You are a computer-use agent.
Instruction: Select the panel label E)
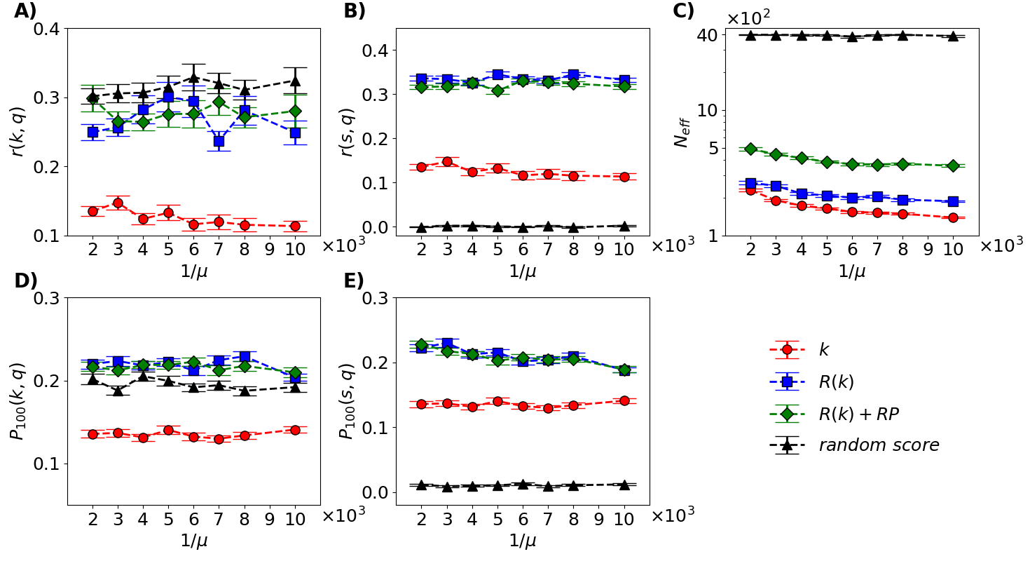coord(354,280)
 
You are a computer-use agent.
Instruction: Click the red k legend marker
coord(787,349)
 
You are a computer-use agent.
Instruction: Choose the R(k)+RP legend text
coord(858,414)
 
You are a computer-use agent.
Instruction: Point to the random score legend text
coord(879,445)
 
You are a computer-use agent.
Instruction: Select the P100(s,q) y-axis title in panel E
coord(347,401)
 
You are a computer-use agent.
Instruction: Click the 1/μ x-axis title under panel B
coord(523,271)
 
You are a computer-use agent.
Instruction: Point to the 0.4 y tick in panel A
coord(48,29)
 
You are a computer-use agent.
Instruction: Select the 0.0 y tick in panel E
coord(376,492)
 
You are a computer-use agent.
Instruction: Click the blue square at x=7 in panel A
coord(219,141)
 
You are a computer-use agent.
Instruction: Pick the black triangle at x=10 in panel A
coord(295,81)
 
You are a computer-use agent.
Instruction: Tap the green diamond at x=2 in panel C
coord(750,149)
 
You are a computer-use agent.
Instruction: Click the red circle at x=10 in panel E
coord(624,400)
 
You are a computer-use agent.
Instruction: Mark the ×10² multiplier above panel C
coord(748,18)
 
